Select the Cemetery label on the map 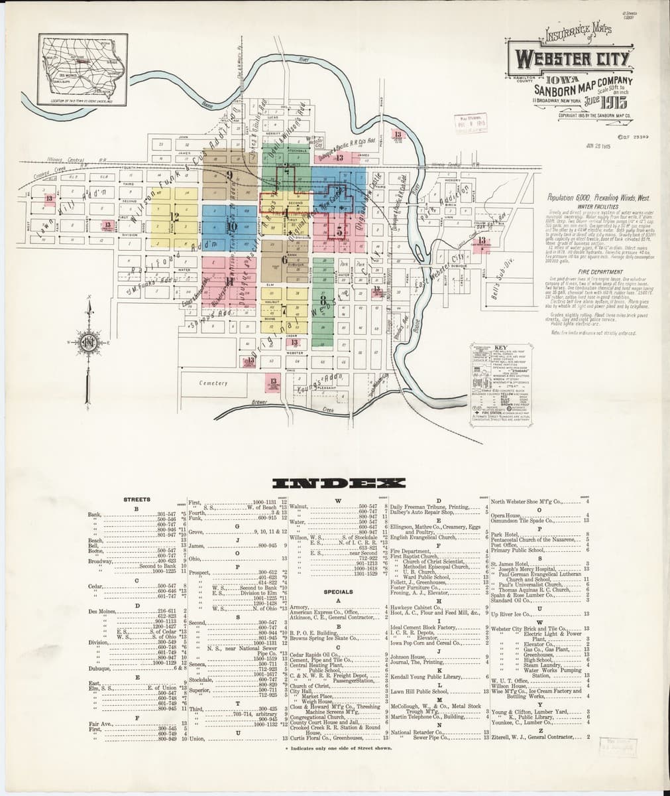tap(213, 383)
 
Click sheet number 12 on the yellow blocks tap(175, 216)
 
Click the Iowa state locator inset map tap(84, 68)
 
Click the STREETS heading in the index tap(137, 499)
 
